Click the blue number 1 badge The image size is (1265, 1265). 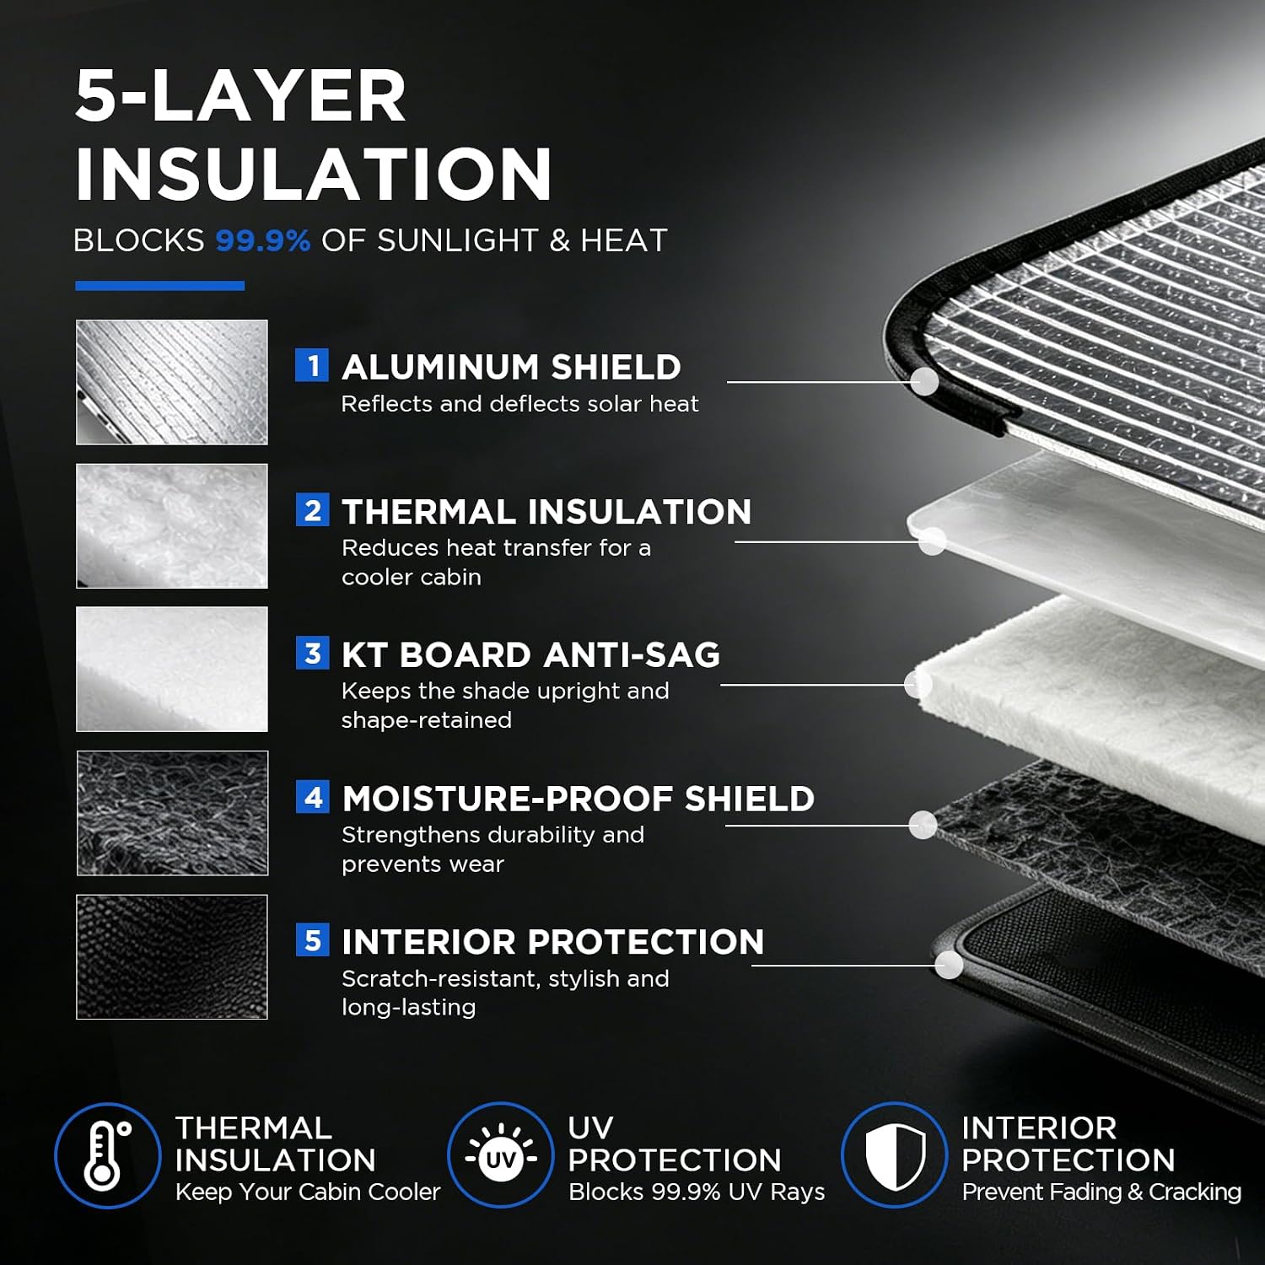coord(312,365)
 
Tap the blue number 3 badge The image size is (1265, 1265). coord(312,653)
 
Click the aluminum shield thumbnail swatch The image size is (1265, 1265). coord(172,382)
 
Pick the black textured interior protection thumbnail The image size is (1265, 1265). coord(172,956)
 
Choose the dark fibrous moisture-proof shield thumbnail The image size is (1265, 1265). coord(172,813)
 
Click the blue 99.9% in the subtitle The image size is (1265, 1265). coord(263,240)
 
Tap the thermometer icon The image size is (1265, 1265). coord(107,1155)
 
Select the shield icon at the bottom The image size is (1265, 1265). coord(895,1155)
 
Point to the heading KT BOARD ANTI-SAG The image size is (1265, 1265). coord(530,654)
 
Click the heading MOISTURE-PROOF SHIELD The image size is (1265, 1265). coord(578,798)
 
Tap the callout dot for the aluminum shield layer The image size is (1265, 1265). coord(926,381)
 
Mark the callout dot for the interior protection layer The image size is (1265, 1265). coord(949,965)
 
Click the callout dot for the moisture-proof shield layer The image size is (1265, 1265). coord(923,825)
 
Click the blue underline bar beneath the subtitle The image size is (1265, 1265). coord(159,286)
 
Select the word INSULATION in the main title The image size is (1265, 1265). coord(313,174)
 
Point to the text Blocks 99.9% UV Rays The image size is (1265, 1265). coord(697,1192)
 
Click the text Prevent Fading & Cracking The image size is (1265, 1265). coord(1101,1192)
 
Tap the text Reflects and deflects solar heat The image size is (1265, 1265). coord(519,404)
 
